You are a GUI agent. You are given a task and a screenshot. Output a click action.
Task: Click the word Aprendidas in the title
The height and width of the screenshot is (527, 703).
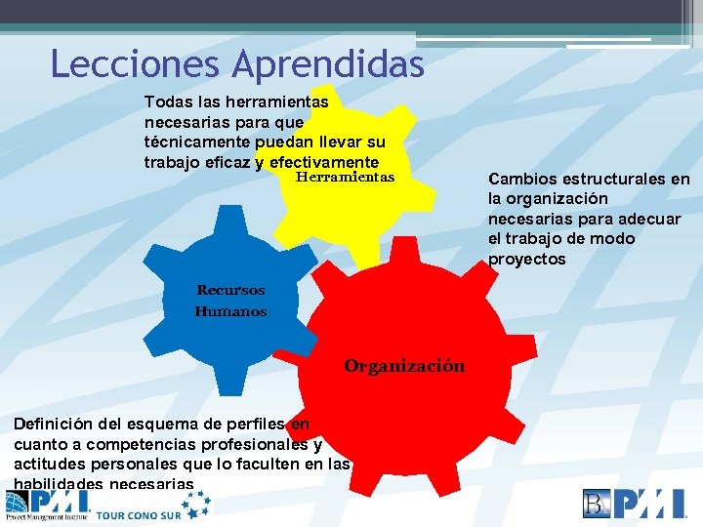coord(329,65)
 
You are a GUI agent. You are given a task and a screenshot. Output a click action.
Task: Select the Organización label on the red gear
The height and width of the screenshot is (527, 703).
coord(404,366)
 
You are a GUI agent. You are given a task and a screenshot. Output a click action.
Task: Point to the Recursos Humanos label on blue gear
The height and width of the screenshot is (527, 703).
coord(230,301)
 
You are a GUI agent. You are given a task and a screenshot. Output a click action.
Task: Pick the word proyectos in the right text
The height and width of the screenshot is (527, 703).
coord(526,259)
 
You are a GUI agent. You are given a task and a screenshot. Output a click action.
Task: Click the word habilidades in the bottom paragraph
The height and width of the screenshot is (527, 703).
coord(58,484)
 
